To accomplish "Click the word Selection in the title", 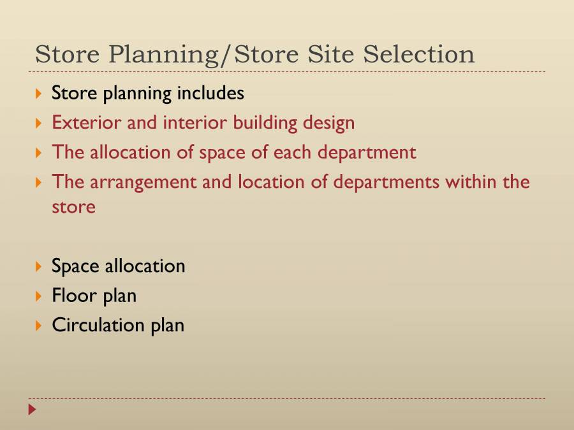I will (x=418, y=54).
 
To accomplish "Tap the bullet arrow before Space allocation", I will (x=39, y=266).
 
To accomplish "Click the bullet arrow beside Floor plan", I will (x=39, y=296).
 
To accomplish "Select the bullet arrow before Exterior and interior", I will (x=39, y=123).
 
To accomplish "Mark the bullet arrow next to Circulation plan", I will (x=39, y=326).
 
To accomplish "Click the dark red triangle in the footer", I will (x=33, y=409).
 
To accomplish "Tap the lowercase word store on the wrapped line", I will (x=73, y=207).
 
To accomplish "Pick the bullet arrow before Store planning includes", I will (x=39, y=94).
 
